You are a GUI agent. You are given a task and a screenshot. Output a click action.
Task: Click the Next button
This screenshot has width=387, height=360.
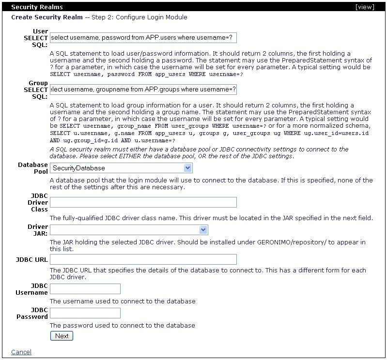pos(62,336)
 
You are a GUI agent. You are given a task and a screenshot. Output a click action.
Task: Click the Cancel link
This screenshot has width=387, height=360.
pos(21,352)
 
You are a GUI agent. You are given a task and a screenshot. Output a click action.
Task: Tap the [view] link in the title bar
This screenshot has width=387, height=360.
pos(364,7)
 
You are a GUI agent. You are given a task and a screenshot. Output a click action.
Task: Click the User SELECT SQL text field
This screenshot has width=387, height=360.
pos(143,38)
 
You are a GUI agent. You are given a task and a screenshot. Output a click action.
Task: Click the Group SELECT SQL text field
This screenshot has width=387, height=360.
pos(143,90)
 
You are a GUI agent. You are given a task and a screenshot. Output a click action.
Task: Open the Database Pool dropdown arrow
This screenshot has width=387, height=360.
pos(188,168)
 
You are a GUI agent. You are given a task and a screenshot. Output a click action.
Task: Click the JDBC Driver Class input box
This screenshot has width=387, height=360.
pos(143,202)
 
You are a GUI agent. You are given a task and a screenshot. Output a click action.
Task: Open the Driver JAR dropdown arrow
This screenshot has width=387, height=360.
pos(203,230)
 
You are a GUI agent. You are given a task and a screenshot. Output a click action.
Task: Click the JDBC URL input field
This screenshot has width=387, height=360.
pos(143,259)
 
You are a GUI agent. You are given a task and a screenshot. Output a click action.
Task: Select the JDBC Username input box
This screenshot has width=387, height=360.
pos(85,289)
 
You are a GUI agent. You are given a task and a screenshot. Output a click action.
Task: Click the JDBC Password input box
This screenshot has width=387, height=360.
pos(85,313)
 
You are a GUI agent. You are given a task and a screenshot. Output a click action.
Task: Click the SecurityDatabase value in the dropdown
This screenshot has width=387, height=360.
pos(79,168)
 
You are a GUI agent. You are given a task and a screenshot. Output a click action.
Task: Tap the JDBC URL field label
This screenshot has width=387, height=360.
pos(32,260)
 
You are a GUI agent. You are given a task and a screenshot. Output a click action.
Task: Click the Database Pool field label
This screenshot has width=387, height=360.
pos(33,168)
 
